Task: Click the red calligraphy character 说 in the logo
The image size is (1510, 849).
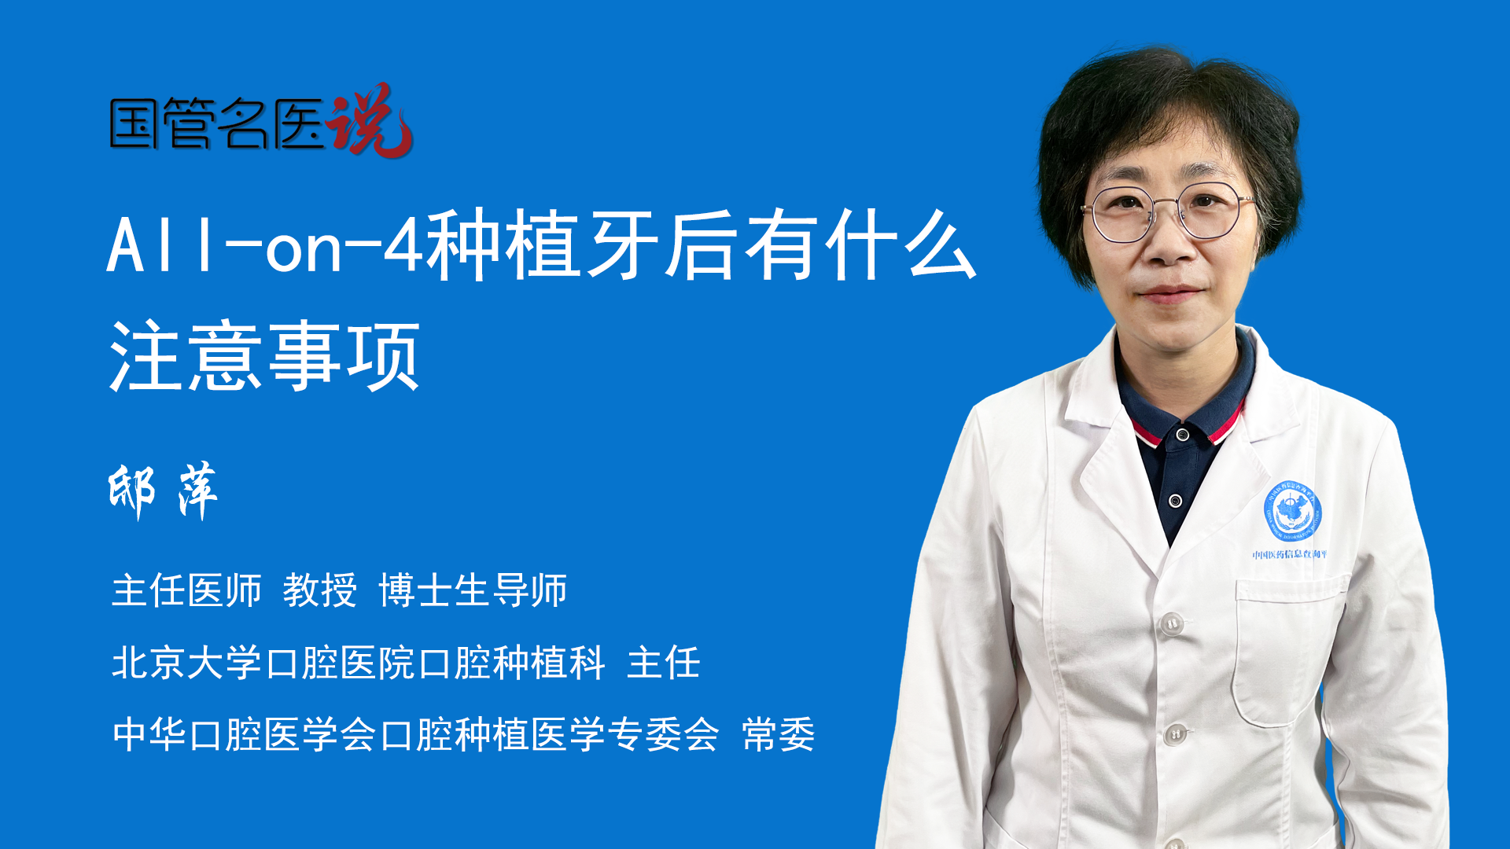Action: point(370,120)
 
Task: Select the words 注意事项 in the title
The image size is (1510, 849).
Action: point(265,356)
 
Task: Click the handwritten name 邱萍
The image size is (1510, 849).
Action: point(163,491)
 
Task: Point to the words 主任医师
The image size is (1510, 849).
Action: point(186,590)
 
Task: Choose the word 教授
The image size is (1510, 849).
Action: point(320,590)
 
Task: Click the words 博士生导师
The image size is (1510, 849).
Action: point(473,590)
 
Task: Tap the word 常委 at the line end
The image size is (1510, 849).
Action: point(779,735)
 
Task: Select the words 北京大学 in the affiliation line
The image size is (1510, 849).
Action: point(186,662)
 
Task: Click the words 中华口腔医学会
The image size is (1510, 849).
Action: point(245,735)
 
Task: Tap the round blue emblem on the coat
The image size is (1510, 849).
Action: point(1292,511)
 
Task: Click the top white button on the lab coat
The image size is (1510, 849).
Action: point(1172,623)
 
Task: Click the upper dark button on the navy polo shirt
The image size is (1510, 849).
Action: point(1182,434)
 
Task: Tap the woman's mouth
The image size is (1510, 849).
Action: point(1169,294)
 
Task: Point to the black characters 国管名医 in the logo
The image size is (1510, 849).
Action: point(217,123)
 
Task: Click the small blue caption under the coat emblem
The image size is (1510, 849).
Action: point(1290,554)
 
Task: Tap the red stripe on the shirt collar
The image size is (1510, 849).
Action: point(1227,424)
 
